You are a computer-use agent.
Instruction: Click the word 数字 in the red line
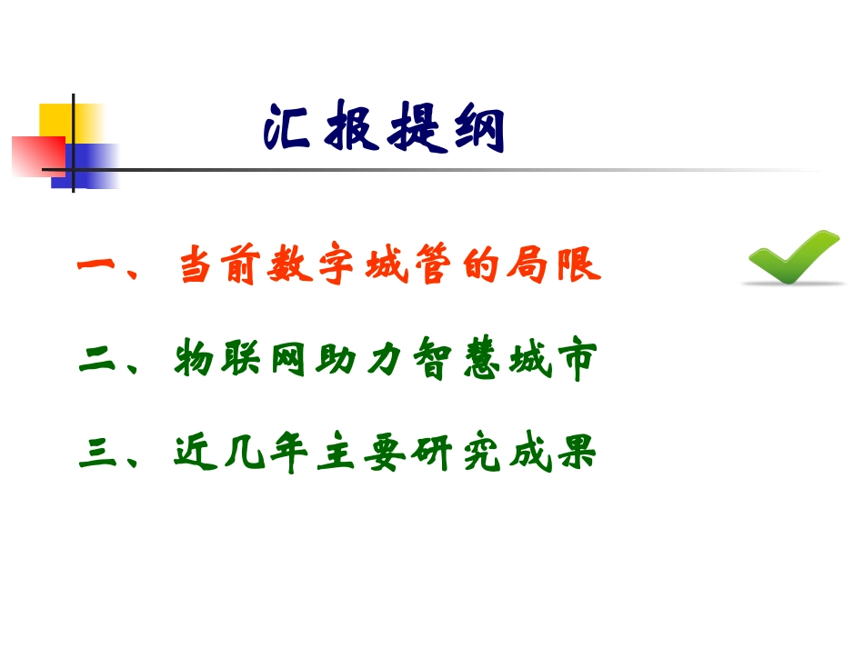click(x=318, y=268)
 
